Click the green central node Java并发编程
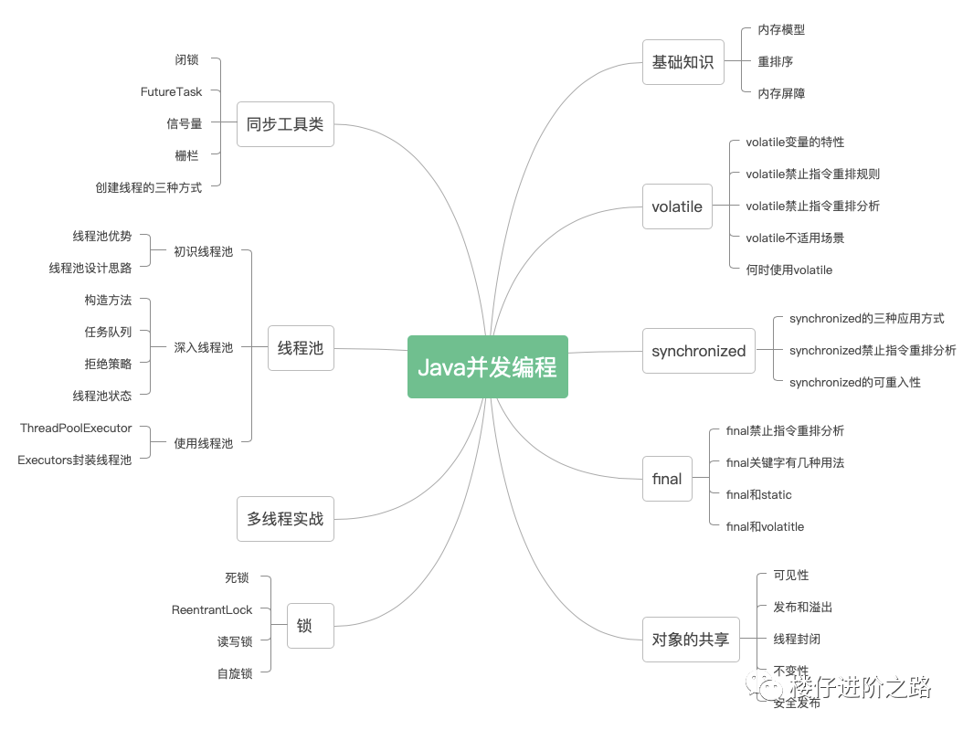pyautogui.click(x=487, y=366)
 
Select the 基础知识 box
pyautogui.click(x=683, y=62)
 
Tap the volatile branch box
pyautogui.click(x=677, y=206)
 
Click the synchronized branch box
pyautogui.click(x=698, y=351)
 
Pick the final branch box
pyautogui.click(x=667, y=479)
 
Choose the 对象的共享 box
pyautogui.click(x=690, y=640)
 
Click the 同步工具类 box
pyautogui.click(x=285, y=123)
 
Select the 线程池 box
pyautogui.click(x=301, y=348)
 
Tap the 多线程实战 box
pyautogui.click(x=285, y=519)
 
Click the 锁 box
pyautogui.click(x=304, y=626)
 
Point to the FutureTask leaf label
pyautogui.click(x=171, y=91)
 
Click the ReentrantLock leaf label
pyautogui.click(x=212, y=609)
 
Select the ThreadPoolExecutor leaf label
pyautogui.click(x=76, y=428)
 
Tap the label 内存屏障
pyautogui.click(x=781, y=93)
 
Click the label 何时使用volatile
pyautogui.click(x=788, y=270)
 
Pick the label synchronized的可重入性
pyautogui.click(x=854, y=382)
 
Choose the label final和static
pyautogui.click(x=758, y=494)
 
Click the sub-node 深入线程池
pyautogui.click(x=203, y=347)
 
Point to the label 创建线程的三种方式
pyautogui.click(x=148, y=187)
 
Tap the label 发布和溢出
pyautogui.click(x=802, y=607)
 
